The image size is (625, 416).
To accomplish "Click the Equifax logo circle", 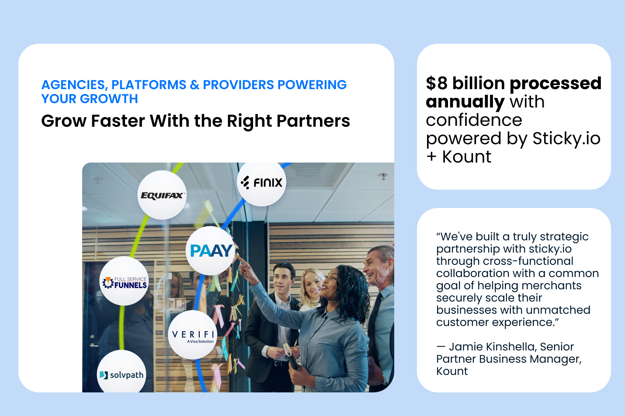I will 162,195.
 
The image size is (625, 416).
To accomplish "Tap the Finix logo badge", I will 262,182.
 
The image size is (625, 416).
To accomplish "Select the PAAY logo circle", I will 211,250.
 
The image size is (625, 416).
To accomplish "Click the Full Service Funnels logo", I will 124,282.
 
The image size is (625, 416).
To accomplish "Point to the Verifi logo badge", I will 193,335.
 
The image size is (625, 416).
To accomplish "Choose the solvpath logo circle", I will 122,374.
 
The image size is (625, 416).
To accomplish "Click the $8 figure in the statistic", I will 437,83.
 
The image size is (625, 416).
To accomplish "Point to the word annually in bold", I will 465,102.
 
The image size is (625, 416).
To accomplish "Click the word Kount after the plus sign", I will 467,157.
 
